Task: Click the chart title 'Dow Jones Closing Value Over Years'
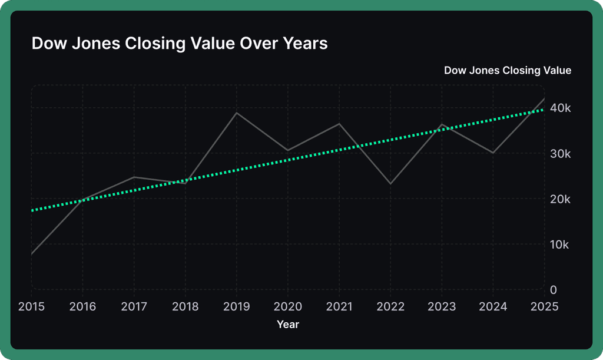point(179,44)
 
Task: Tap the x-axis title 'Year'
point(288,324)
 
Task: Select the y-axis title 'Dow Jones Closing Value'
point(507,71)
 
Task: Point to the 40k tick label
point(561,108)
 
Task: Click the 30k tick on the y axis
point(561,154)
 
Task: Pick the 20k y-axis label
point(561,199)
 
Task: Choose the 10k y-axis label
point(561,245)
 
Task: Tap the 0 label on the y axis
point(553,290)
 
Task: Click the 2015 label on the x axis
point(31,306)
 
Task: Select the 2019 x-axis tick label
point(237,306)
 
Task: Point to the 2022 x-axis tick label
point(390,306)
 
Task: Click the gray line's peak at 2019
point(237,113)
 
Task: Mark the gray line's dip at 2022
point(390,184)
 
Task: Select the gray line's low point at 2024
point(492,153)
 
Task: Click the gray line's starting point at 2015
point(32,254)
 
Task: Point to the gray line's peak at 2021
point(339,124)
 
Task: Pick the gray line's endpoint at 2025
point(544,98)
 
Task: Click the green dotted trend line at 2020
point(288,160)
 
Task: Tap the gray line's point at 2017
point(134,177)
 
